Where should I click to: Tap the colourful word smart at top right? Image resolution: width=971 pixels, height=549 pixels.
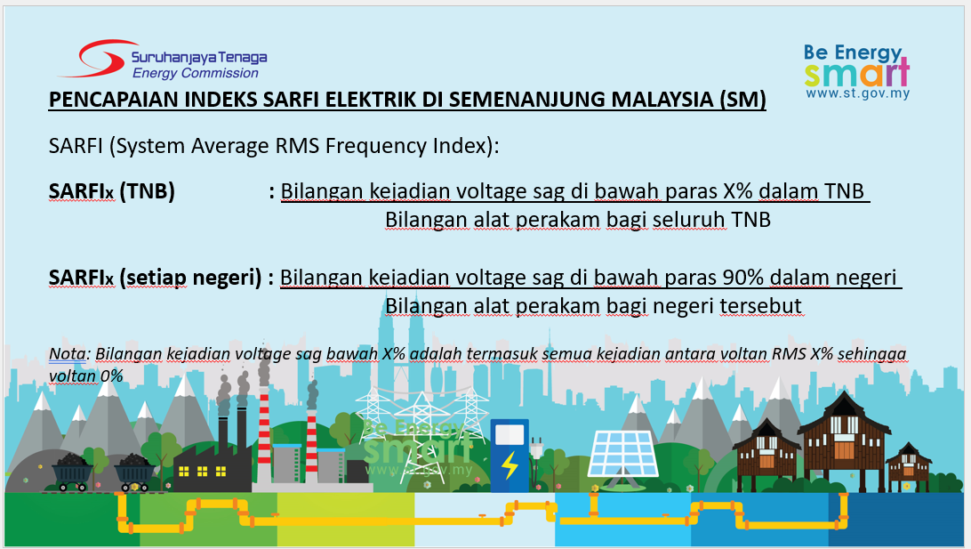pos(857,73)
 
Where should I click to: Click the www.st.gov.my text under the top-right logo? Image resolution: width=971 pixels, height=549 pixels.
pos(858,93)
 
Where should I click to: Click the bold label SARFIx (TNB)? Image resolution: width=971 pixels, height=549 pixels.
pos(111,191)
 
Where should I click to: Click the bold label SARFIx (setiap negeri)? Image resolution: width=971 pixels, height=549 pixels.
pos(155,278)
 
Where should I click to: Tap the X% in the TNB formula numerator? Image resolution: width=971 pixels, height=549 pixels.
pos(737,190)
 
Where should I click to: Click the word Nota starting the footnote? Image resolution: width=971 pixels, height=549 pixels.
pos(68,353)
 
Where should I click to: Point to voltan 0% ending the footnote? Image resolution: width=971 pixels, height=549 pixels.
pos(85,375)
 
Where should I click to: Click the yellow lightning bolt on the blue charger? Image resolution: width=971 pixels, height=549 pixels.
pos(510,464)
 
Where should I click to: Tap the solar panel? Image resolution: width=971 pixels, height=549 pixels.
pos(622,454)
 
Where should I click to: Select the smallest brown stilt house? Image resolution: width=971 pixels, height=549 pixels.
pos(908,466)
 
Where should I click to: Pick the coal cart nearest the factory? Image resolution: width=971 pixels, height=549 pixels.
pos(132,472)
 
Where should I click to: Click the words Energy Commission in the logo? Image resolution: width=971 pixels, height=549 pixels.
pos(196,73)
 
